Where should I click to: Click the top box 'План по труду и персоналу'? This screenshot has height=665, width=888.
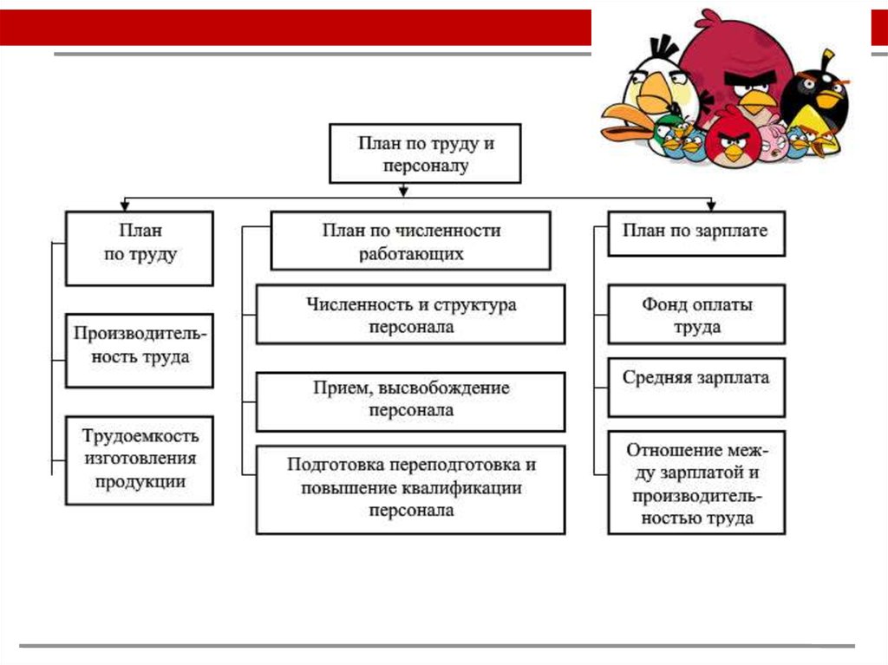[426, 153]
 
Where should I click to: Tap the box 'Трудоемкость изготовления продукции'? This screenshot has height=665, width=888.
[140, 460]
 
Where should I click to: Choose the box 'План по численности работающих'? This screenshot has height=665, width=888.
[411, 242]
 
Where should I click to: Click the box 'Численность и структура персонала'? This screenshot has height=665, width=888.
[411, 316]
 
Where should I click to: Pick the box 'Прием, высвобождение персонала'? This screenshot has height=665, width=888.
[411, 401]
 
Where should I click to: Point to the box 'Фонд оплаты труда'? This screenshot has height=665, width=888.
[696, 315]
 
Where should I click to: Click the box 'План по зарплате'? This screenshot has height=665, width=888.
[696, 233]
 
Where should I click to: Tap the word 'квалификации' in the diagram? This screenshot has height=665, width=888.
[467, 488]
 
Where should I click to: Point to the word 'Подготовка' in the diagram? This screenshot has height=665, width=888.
[331, 465]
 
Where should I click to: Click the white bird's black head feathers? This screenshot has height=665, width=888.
[663, 47]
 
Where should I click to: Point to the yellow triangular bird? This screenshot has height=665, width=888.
[824, 142]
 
